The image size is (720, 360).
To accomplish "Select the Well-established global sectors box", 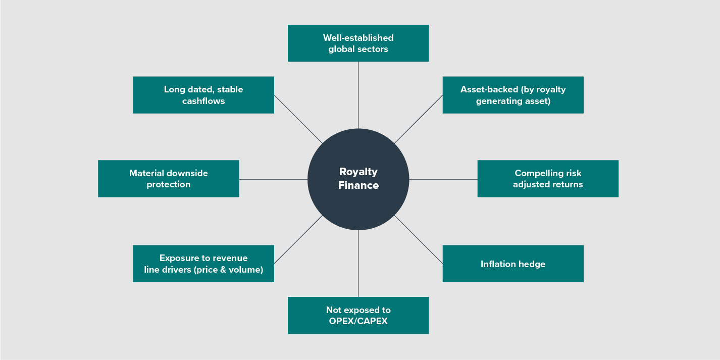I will [x=358, y=43].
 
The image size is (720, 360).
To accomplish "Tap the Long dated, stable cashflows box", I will [x=203, y=95].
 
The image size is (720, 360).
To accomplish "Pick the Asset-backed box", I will [x=513, y=95].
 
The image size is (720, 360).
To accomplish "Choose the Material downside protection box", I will [x=168, y=179].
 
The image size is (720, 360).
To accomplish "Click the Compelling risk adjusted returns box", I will [x=548, y=179].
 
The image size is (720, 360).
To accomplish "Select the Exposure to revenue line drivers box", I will [x=203, y=264].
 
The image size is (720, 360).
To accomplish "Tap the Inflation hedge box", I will [x=513, y=264].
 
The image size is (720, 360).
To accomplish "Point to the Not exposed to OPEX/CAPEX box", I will [x=358, y=315].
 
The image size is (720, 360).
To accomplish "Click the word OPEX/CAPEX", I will [x=358, y=321].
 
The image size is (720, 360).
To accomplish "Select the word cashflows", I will [x=203, y=101].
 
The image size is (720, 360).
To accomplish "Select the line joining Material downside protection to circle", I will [x=273, y=179].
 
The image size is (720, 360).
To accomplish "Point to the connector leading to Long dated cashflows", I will [x=298, y=119].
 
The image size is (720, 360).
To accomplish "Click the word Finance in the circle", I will [x=358, y=185].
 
